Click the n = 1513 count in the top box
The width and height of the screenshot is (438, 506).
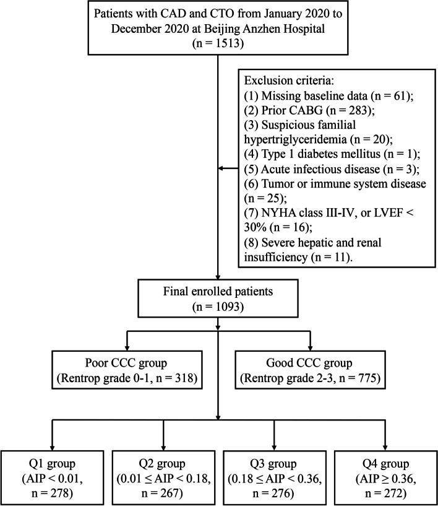[x=218, y=45]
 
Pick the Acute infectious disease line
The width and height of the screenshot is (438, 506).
[x=315, y=173]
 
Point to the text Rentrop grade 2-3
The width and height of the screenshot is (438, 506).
[x=290, y=378]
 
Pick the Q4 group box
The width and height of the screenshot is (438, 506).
[x=384, y=474]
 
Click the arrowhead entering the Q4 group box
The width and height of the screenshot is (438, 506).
[x=384, y=449]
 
